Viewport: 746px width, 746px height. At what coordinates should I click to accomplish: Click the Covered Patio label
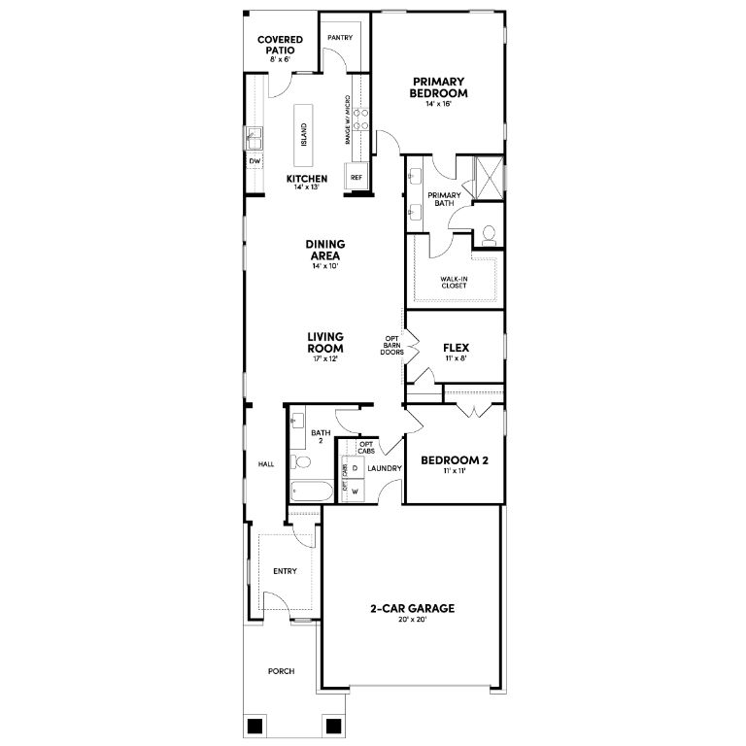(x=280, y=45)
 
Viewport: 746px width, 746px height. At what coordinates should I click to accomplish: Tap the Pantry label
(x=340, y=38)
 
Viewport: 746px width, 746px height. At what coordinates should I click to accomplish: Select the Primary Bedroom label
(x=438, y=87)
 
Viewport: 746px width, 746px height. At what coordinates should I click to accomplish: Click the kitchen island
(x=303, y=135)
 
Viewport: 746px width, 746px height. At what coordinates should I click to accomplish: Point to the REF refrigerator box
(x=356, y=177)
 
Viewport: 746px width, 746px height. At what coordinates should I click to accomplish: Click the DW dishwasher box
(x=255, y=161)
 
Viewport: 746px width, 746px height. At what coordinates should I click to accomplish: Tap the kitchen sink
(x=254, y=138)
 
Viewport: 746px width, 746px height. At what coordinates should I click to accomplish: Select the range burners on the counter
(x=360, y=119)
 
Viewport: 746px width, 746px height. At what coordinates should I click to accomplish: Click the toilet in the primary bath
(x=489, y=235)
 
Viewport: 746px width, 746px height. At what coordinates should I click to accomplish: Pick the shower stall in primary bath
(x=490, y=178)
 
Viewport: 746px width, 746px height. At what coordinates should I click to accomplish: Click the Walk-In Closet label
(x=454, y=282)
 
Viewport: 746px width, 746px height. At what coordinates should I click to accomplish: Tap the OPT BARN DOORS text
(x=392, y=346)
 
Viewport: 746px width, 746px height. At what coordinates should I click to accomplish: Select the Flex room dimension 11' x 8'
(x=456, y=358)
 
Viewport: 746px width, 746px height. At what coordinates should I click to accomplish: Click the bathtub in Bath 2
(x=312, y=491)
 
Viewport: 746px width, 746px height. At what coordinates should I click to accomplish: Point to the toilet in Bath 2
(x=301, y=461)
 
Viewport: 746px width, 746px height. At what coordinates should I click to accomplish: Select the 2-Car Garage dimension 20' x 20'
(x=412, y=620)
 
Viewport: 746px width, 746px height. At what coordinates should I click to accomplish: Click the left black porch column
(x=255, y=726)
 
